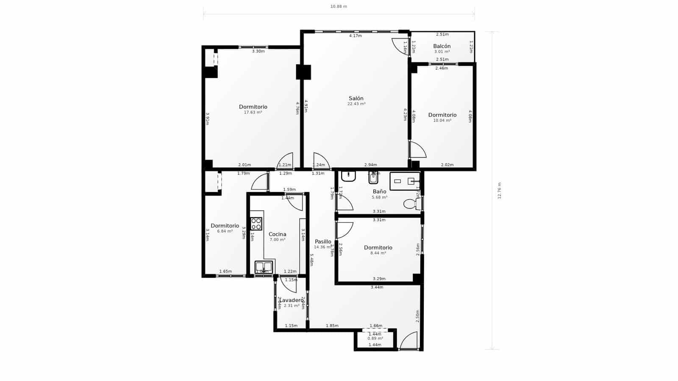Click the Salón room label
tap(356, 98)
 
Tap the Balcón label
tap(442, 46)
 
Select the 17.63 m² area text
tap(253, 113)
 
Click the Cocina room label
tap(277, 234)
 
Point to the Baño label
tap(379, 191)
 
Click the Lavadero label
tap(292, 300)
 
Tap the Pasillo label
tap(323, 242)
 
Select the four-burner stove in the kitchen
tap(256, 224)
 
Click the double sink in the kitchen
tap(264, 267)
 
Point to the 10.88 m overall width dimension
tap(339, 6)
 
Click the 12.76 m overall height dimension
tap(499, 190)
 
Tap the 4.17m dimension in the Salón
tap(355, 36)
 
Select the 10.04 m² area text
tap(442, 121)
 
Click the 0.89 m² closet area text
tap(375, 339)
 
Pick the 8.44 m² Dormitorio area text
tap(378, 253)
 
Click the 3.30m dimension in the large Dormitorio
tap(258, 51)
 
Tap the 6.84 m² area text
tap(225, 232)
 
